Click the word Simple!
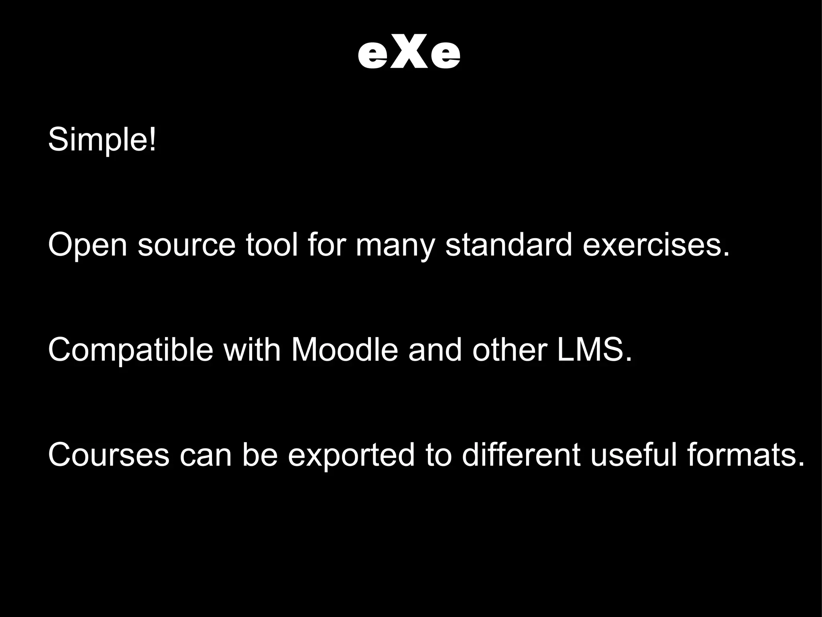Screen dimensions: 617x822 102,140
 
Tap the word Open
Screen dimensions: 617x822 87,245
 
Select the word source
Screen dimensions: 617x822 186,245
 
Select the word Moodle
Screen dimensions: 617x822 344,349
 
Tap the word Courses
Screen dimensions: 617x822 108,455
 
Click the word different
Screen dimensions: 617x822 521,455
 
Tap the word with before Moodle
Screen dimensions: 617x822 252,349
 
